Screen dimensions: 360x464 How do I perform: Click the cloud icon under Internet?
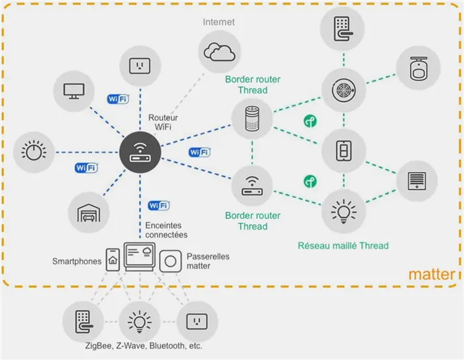(219, 51)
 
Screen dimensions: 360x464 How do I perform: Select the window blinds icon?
(416, 180)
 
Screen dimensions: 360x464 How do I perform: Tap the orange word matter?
(432, 274)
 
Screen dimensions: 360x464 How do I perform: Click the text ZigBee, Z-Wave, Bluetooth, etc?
(143, 346)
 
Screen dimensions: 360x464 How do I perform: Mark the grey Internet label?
(219, 22)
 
